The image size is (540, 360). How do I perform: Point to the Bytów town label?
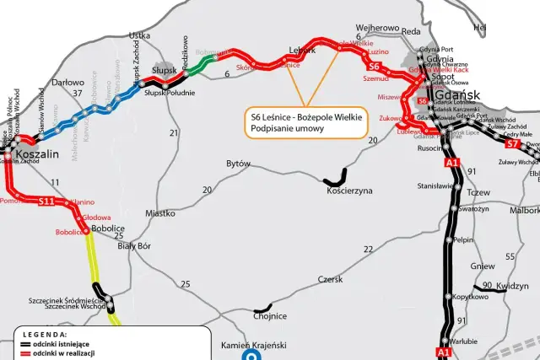(x=239, y=164)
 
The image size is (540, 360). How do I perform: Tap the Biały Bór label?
(x=133, y=245)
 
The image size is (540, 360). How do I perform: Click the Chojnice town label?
(x=270, y=315)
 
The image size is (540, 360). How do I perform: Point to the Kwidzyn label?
(x=511, y=287)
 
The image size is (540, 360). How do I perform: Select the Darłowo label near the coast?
(x=68, y=83)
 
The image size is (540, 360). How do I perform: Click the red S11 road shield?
(x=46, y=201)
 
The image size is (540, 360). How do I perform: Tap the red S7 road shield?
(x=511, y=144)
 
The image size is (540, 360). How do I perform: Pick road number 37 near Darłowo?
(x=77, y=93)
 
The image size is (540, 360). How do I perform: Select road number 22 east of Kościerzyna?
(x=368, y=249)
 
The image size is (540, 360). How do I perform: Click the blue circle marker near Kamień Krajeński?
(x=251, y=356)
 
